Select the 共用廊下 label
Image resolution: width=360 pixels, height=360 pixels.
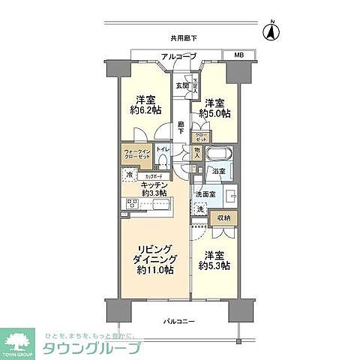point(183,37)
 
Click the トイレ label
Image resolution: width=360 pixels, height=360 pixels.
point(163,150)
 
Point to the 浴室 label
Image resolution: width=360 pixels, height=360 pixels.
point(217,172)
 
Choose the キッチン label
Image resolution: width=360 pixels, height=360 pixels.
point(151,184)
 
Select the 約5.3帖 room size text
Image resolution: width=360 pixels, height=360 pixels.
point(214,265)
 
